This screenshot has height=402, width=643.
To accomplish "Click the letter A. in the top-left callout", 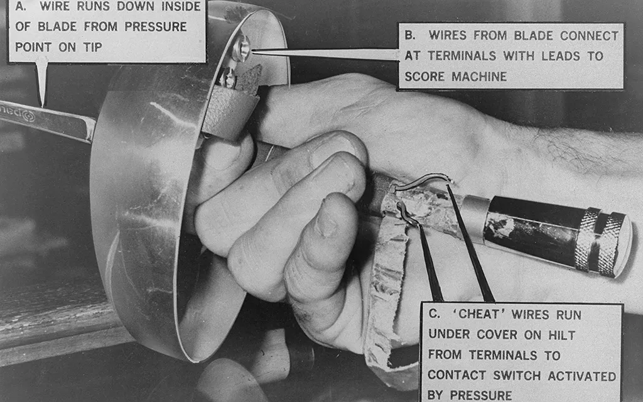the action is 21,6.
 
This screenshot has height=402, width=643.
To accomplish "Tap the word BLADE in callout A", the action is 57,26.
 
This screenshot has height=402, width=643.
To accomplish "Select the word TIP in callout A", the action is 93,47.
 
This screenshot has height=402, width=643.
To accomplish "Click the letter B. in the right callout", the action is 410,35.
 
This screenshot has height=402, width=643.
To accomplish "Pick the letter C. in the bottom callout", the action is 435,314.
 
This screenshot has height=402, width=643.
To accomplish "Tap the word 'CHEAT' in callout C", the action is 479,314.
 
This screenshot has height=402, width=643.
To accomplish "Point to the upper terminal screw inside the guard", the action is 242,48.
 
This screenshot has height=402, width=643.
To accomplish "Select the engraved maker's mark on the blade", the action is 18,113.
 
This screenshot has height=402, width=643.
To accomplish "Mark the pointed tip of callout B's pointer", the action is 253,52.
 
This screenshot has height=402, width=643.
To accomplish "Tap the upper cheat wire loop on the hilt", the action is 423,180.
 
